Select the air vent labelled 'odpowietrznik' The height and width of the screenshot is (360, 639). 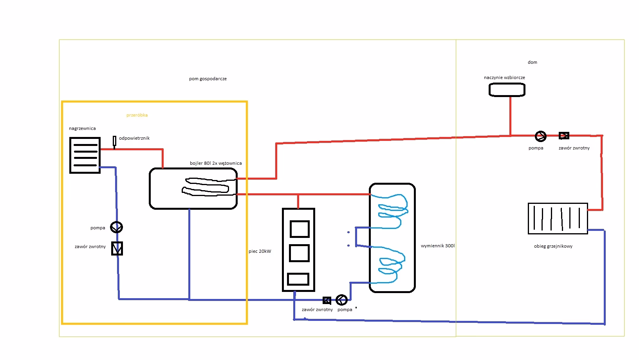[114, 141]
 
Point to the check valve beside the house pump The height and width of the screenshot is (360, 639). [564, 136]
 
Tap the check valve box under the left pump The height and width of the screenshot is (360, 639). [117, 248]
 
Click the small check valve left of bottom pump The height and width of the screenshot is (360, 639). [327, 301]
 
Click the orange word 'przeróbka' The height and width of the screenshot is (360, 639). [137, 115]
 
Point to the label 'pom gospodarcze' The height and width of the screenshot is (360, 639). [208, 79]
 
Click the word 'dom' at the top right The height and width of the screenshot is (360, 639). [532, 62]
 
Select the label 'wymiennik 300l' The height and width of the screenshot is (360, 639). [438, 246]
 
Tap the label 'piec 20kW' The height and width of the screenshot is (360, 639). [260, 251]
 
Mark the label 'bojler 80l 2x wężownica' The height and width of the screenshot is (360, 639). [216, 163]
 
